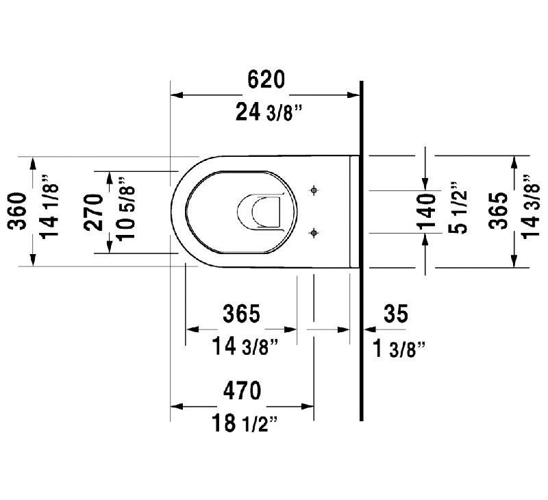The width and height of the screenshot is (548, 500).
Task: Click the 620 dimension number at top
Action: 266,79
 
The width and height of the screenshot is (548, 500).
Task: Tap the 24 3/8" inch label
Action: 268,112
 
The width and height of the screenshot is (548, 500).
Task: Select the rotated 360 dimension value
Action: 18,211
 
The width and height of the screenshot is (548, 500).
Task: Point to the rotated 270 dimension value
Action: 94,212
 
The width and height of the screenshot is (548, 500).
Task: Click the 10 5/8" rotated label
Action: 126,209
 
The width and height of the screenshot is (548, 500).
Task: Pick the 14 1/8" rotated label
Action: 49,206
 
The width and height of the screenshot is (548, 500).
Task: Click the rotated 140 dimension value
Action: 427,212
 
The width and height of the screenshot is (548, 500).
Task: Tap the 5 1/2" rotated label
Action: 458,208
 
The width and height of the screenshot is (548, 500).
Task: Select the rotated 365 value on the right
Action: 498,211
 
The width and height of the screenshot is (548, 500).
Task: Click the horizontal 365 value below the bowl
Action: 242,314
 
